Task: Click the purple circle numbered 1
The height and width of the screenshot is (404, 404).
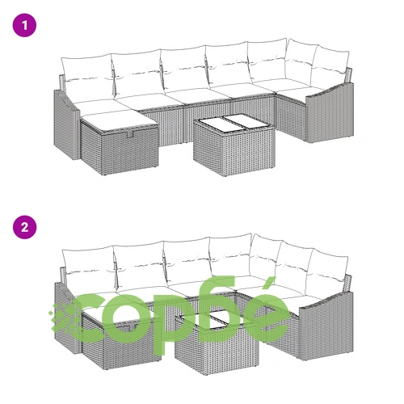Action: (24, 25)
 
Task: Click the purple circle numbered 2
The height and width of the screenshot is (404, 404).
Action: (24, 227)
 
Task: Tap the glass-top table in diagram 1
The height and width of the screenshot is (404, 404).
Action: (234, 145)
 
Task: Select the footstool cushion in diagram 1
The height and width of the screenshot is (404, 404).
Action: (119, 119)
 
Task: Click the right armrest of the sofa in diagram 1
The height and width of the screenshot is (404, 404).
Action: (330, 113)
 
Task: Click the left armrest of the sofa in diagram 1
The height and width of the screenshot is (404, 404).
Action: (66, 124)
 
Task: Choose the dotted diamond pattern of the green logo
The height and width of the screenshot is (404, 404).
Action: (64, 318)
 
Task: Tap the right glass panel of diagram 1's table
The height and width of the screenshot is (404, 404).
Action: (248, 121)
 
